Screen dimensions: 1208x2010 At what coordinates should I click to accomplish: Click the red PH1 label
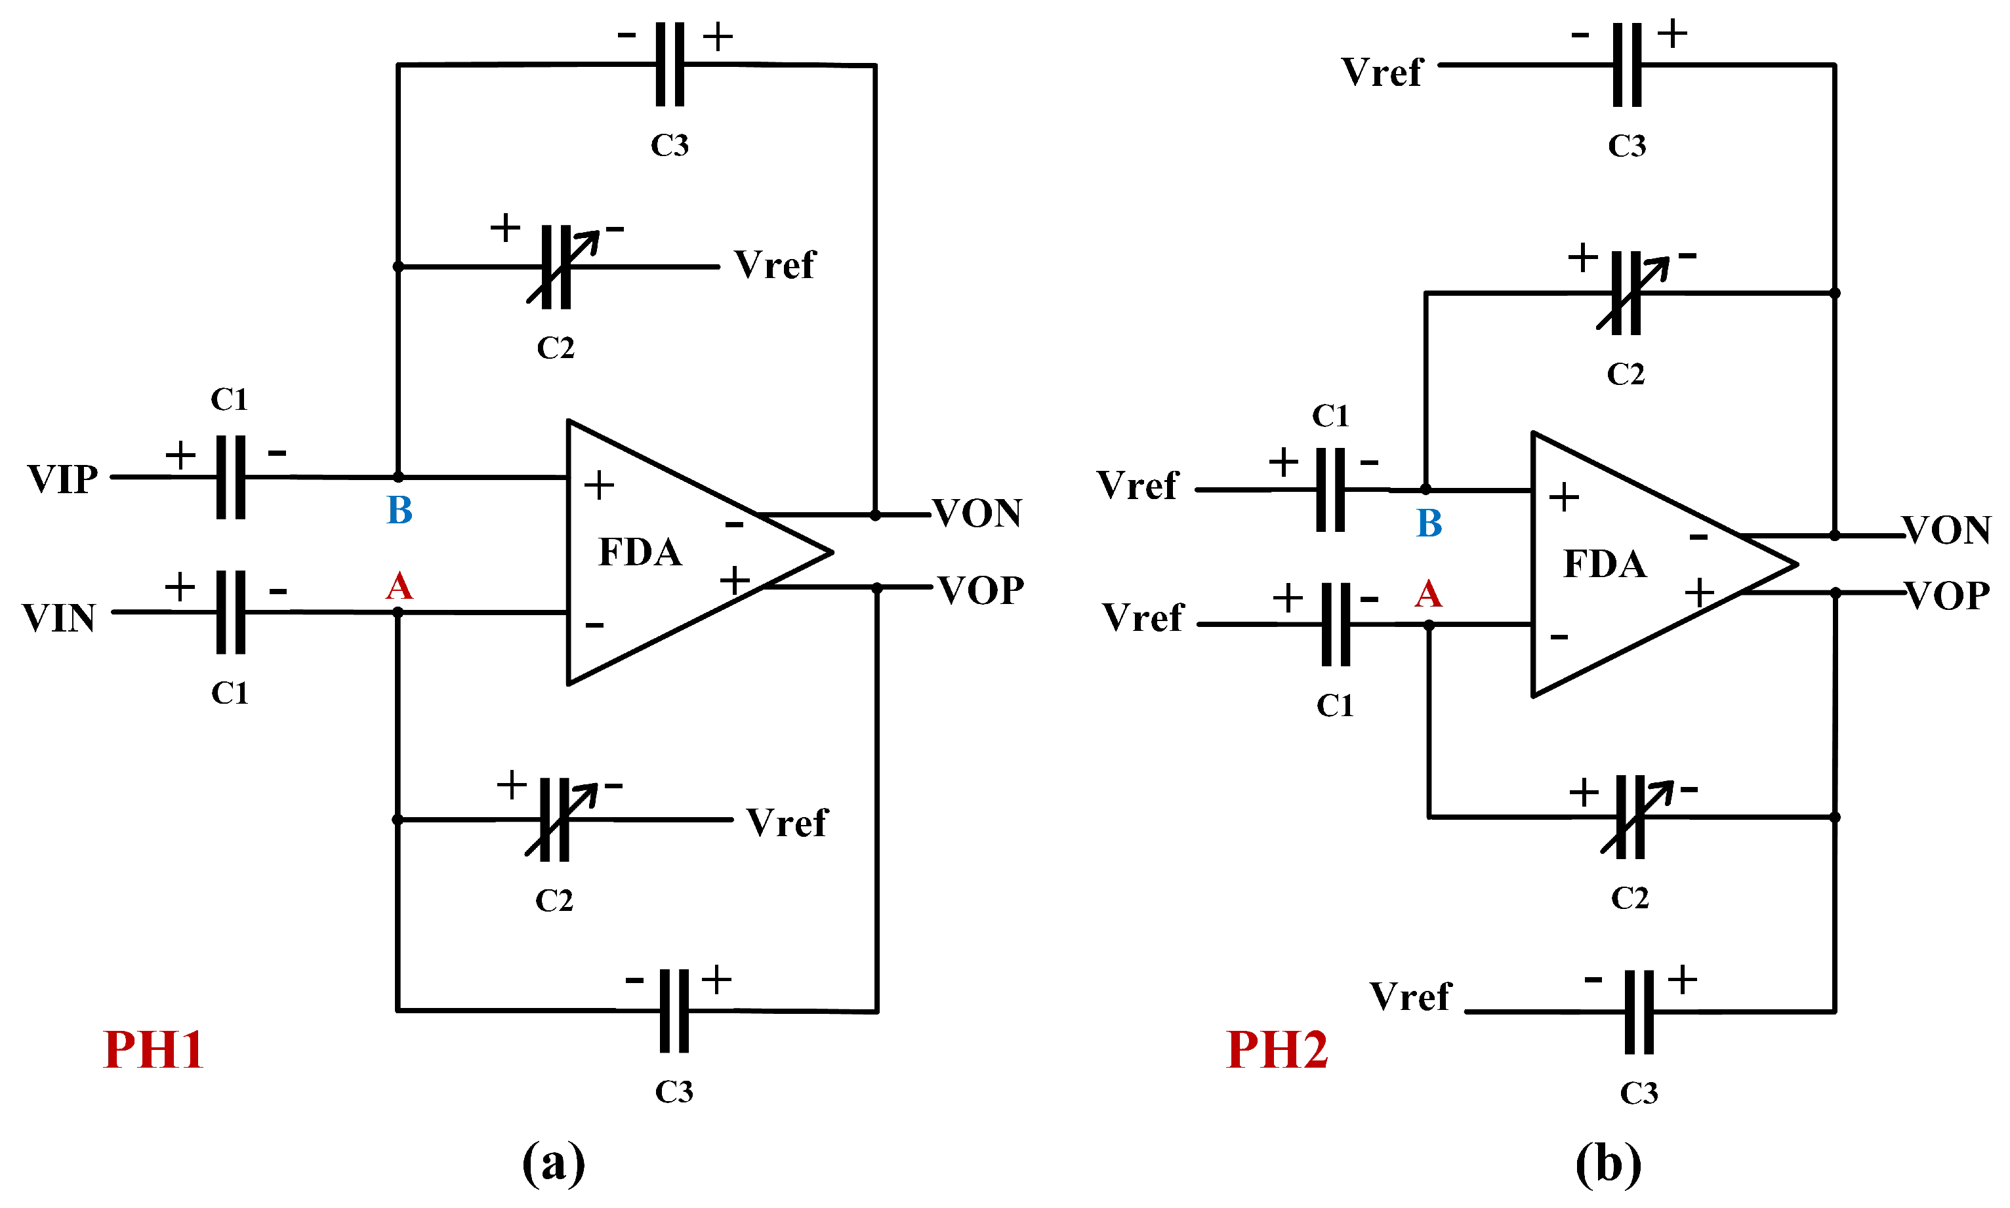pyautogui.click(x=153, y=1050)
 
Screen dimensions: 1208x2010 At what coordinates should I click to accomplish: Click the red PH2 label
pyautogui.click(x=1277, y=1050)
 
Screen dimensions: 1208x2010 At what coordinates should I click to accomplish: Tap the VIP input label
pyautogui.click(x=63, y=479)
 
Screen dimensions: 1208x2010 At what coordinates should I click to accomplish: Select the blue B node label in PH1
pyautogui.click(x=399, y=510)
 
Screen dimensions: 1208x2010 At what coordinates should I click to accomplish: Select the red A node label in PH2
pyautogui.click(x=1428, y=594)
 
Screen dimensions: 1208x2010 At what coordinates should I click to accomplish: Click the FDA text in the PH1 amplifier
pyautogui.click(x=640, y=552)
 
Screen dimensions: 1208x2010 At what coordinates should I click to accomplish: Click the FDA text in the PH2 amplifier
pyautogui.click(x=1605, y=564)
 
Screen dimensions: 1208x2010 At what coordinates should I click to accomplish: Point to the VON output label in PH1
pyautogui.click(x=977, y=513)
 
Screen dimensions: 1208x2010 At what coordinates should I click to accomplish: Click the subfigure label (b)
pyautogui.click(x=1608, y=1164)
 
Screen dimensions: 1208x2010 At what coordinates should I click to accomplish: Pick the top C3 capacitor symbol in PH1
pyautogui.click(x=670, y=64)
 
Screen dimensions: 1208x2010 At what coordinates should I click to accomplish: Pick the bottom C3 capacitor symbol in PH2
pyautogui.click(x=1638, y=1012)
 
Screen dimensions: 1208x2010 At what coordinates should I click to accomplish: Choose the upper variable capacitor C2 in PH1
pyautogui.click(x=557, y=267)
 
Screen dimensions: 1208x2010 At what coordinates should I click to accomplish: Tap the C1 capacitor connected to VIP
pyautogui.click(x=230, y=477)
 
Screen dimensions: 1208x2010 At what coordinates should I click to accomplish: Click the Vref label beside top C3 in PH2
pyautogui.click(x=1382, y=72)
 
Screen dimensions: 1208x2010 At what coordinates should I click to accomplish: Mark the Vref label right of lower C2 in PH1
pyautogui.click(x=787, y=823)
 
